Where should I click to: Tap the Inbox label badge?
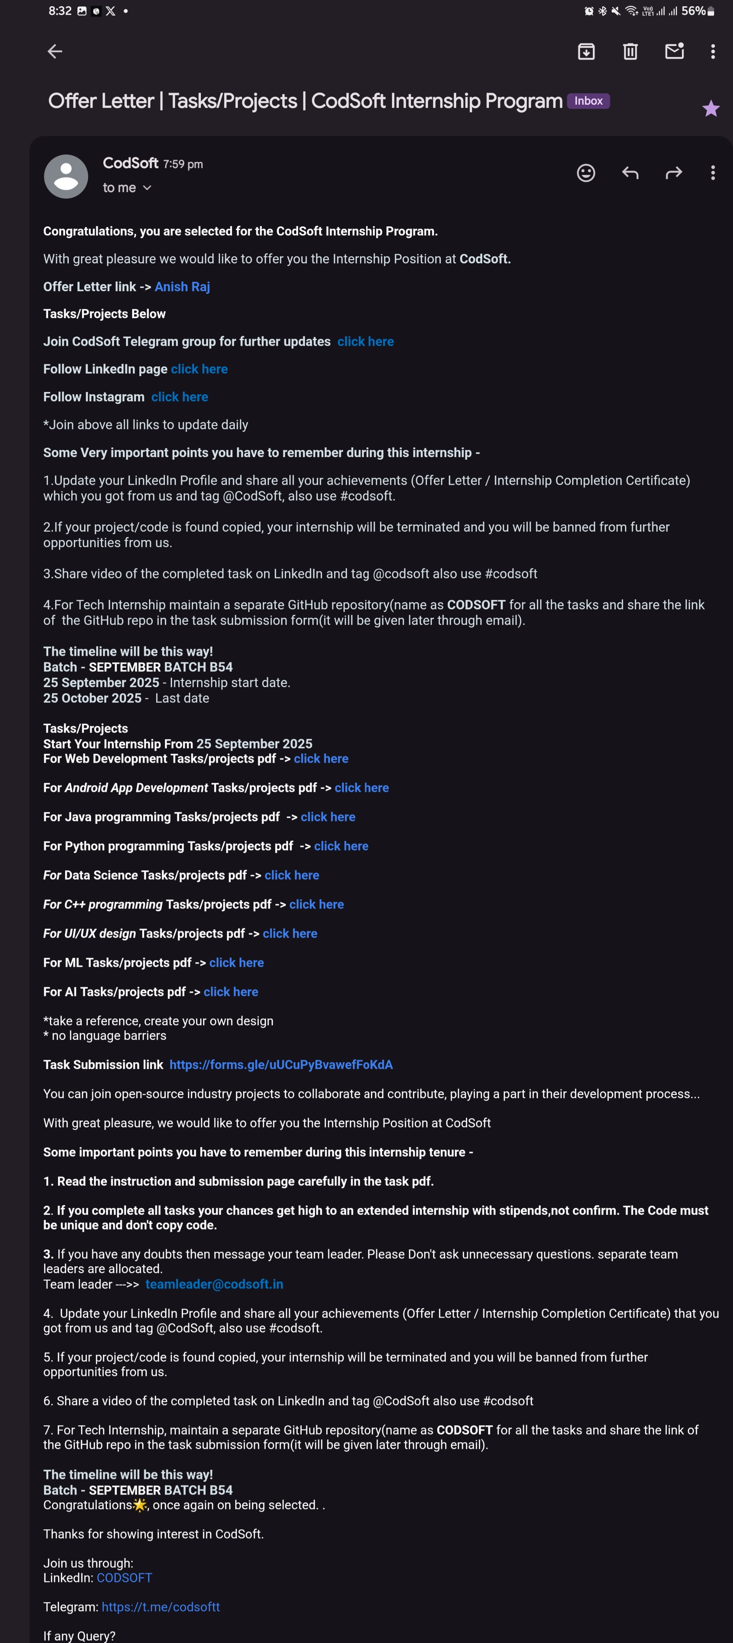point(588,101)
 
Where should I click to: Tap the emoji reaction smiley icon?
point(586,173)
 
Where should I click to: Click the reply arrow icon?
point(630,173)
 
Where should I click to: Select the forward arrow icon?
point(674,173)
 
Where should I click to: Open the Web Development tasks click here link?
point(321,758)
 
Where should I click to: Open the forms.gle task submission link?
point(281,1065)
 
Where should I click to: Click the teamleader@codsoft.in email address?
point(214,1284)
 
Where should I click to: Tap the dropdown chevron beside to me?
point(147,188)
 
